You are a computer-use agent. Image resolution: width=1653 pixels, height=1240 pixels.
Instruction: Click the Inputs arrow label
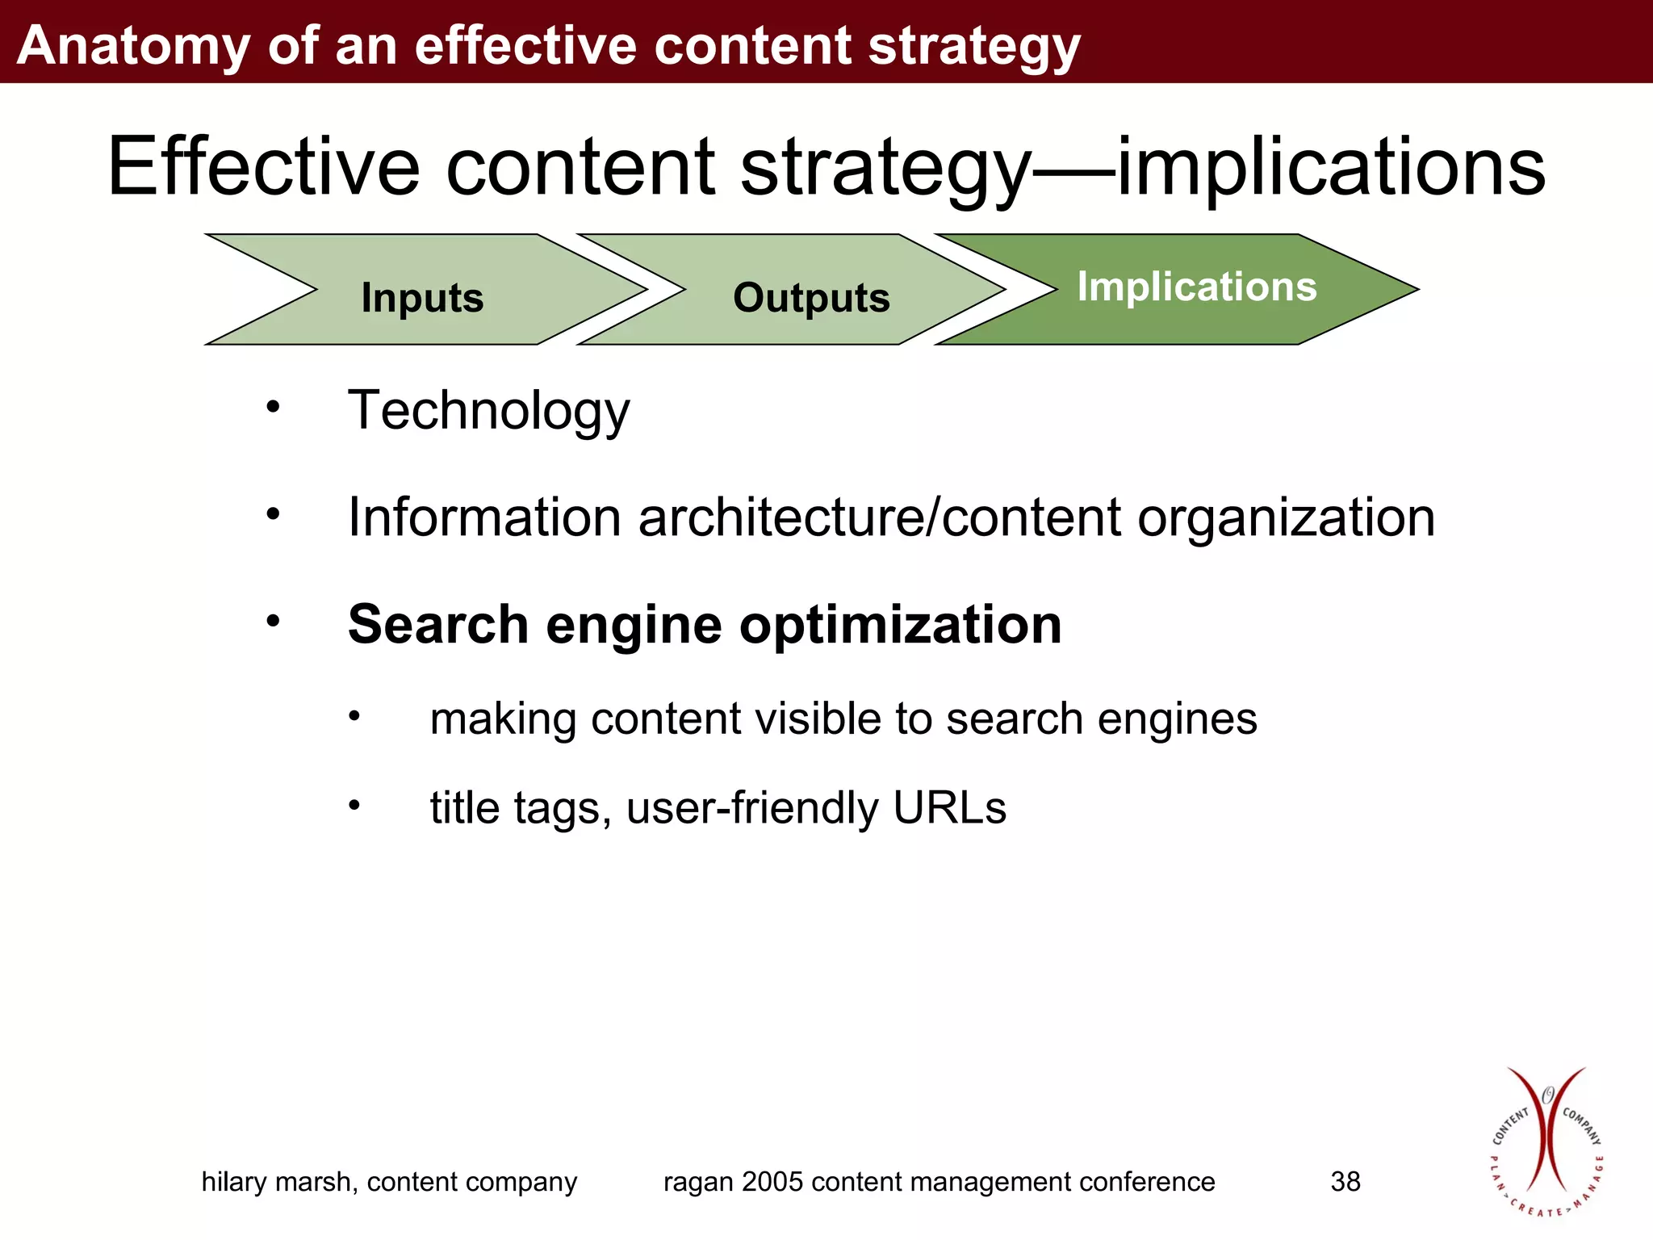422,298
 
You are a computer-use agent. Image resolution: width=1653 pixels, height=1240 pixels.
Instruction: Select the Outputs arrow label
811,298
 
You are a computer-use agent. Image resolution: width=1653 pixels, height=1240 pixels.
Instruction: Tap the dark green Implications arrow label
1196,287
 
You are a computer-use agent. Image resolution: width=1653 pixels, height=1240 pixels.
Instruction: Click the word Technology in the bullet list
488,411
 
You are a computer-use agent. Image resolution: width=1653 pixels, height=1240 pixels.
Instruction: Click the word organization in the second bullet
1286,519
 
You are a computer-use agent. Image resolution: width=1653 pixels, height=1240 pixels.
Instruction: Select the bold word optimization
900,626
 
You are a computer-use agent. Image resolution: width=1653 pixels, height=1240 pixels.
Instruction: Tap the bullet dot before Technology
274,406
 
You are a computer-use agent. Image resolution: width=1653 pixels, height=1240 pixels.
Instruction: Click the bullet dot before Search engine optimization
274,620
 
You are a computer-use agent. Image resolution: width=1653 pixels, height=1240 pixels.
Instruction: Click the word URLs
949,807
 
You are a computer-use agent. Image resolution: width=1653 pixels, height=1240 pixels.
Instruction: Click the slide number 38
1345,1182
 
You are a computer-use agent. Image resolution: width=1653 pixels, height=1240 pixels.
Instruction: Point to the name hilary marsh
278,1182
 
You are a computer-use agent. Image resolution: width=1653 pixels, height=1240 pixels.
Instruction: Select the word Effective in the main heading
263,167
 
